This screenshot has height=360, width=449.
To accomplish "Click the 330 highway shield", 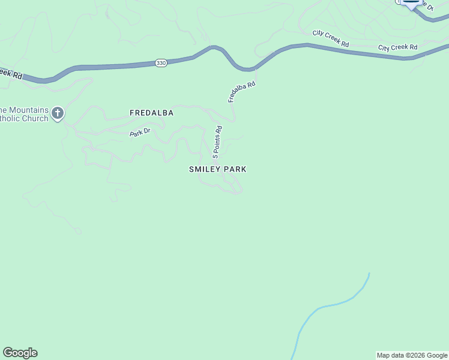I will click(160, 63).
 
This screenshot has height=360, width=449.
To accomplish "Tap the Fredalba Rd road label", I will click(242, 92).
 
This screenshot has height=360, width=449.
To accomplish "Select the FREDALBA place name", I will click(151, 113).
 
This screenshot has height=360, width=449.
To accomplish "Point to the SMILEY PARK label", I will click(217, 169).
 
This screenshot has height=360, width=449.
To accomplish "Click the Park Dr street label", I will click(139, 133).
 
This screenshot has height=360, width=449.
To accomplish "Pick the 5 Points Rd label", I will click(217, 142).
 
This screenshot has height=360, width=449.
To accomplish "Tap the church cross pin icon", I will click(58, 113).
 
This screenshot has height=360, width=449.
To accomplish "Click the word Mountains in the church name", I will click(24, 110).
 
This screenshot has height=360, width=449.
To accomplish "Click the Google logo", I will click(20, 353).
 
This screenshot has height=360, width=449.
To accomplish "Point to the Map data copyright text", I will click(412, 355).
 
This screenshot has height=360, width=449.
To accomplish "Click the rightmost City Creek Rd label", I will click(397, 47).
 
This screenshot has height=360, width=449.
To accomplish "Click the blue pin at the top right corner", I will click(411, 2).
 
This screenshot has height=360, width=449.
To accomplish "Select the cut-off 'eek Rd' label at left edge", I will click(11, 73).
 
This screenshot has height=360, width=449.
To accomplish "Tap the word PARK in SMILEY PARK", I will click(235, 169).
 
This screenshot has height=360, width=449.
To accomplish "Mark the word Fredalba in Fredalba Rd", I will click(240, 95).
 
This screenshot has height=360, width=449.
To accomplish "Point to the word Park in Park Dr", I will click(136, 134).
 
